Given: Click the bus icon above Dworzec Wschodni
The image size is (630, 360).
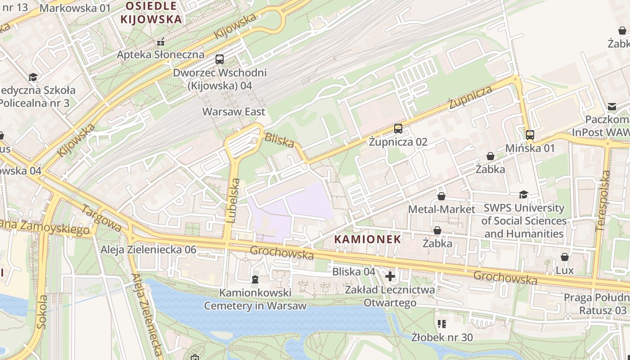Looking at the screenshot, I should point(220,59).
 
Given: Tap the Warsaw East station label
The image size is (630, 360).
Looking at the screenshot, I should point(234,112).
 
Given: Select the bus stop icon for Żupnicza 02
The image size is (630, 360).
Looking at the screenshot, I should point(398,129).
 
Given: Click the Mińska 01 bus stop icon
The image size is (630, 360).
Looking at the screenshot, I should point(530,135).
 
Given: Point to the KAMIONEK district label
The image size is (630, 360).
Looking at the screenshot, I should point(368,239).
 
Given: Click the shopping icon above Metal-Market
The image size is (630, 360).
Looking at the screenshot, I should point(441,196).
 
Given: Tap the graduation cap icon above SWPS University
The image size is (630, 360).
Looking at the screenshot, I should point(523,194).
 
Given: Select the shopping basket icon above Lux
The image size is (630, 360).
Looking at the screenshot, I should point(565,257).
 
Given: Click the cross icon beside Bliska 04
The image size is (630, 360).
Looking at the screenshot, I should point(390,275).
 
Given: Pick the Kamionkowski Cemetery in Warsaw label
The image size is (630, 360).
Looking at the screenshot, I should point(255,299).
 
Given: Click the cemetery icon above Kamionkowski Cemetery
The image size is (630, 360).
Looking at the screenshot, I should point(255,279).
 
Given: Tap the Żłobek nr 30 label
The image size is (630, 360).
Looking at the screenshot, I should point(442,337).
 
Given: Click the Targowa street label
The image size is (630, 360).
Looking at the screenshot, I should point(102,219).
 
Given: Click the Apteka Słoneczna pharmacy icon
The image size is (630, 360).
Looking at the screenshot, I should point(161,42).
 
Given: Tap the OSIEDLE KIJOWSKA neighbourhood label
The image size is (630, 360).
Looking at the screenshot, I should point(151,13).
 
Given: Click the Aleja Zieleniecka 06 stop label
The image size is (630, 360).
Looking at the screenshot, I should point(148,250).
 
